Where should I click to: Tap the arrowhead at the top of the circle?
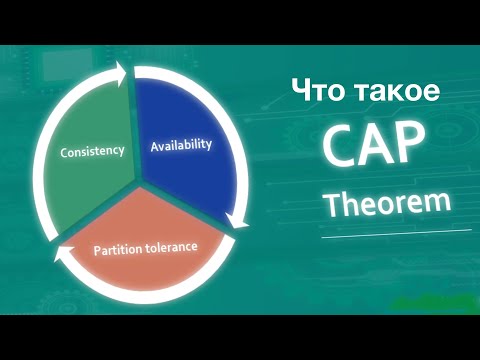click(x=123, y=70)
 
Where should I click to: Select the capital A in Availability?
click(x=155, y=146)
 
